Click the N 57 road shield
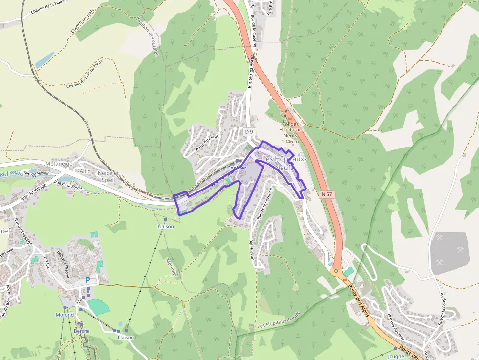pos(327,194)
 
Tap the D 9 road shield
pos(249,132)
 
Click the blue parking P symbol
pos(87,280)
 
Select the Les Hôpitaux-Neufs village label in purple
pos(284,163)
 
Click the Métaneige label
pos(59,164)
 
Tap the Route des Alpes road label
pos(359,300)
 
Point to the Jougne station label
pos(396,356)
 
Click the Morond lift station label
pos(65,315)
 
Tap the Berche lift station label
pos(82,331)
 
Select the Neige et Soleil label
pos(109,176)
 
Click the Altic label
pos(85,171)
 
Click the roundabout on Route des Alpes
pos(335,270)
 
